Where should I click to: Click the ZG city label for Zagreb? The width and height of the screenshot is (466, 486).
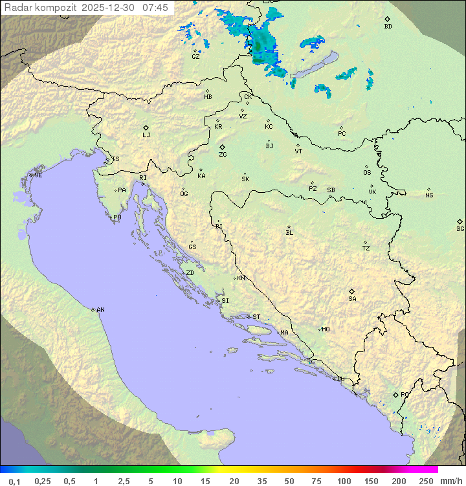[223, 155]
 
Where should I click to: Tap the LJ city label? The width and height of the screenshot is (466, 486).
[146, 135]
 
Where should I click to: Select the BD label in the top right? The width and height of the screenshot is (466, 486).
[388, 27]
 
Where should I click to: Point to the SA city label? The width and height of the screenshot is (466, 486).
[352, 299]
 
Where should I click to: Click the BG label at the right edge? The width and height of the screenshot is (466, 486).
[460, 229]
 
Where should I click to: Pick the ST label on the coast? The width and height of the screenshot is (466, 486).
[256, 317]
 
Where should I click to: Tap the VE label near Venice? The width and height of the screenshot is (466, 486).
[38, 175]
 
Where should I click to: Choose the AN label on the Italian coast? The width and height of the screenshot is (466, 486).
[100, 310]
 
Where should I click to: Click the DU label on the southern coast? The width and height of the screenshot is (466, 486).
[340, 379]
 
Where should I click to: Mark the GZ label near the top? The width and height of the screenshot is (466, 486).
[195, 57]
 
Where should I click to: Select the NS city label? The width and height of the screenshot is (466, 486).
[429, 195]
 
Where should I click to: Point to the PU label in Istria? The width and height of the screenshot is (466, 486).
[117, 217]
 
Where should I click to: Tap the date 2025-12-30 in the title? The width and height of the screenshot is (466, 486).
[111, 7]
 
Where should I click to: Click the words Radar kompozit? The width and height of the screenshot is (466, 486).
[41, 7]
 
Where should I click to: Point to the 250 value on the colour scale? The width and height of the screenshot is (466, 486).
[426, 481]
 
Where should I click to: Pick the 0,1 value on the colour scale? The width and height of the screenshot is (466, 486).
[14, 481]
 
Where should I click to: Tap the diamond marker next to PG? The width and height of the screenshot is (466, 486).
[395, 395]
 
